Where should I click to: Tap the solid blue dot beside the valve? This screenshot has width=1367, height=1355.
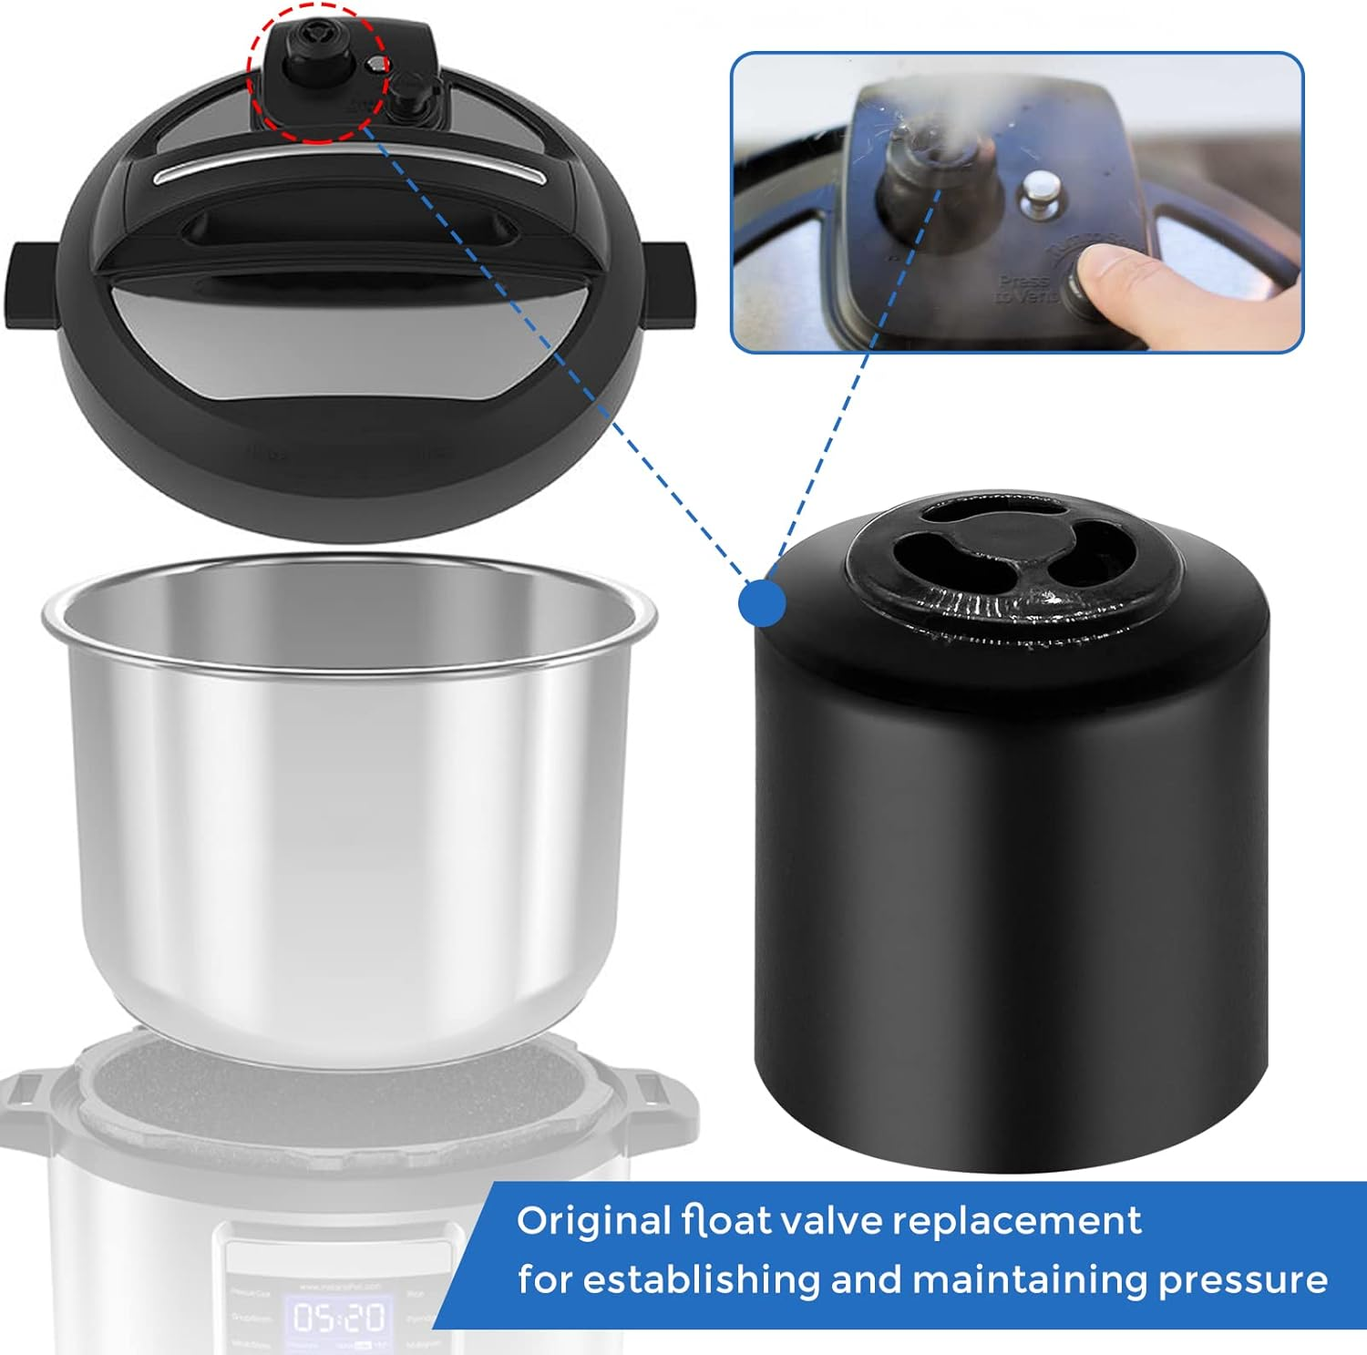(x=761, y=602)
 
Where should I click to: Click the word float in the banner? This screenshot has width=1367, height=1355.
(x=726, y=1220)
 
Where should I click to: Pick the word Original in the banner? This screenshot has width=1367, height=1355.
(x=592, y=1221)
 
